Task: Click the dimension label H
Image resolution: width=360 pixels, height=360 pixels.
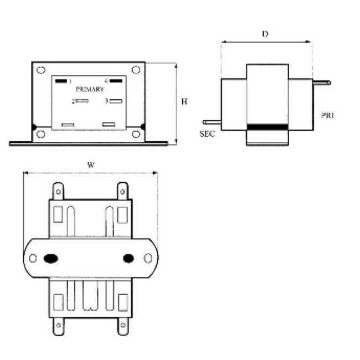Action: tap(184, 101)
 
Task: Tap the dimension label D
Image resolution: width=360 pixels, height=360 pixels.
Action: tap(265, 34)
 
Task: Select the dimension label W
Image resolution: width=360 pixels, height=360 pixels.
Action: tap(90, 164)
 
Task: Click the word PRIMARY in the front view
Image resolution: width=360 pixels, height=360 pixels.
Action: tap(89, 89)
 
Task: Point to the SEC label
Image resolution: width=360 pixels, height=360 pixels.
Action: tap(207, 133)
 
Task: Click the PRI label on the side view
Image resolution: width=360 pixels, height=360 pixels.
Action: tap(327, 115)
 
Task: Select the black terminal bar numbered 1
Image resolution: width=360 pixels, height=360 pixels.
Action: tap(60, 81)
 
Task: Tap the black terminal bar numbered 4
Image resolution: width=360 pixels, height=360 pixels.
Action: tap(115, 81)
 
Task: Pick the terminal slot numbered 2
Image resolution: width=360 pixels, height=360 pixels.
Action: tap(83, 101)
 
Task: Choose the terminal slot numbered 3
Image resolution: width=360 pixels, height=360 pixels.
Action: tap(116, 101)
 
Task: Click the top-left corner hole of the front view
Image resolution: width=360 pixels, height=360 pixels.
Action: tap(40, 70)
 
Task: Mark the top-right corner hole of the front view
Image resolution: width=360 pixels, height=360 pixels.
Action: tap(136, 70)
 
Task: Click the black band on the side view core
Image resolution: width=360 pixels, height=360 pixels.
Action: tap(268, 127)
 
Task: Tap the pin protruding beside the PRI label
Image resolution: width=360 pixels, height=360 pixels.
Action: tap(321, 83)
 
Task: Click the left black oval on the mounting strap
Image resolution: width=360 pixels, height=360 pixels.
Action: tap(51, 258)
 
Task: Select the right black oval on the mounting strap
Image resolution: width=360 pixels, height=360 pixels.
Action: tap(128, 258)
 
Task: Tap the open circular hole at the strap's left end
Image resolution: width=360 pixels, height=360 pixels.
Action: tap(33, 258)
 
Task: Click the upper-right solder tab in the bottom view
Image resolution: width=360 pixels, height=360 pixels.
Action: tap(122, 191)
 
